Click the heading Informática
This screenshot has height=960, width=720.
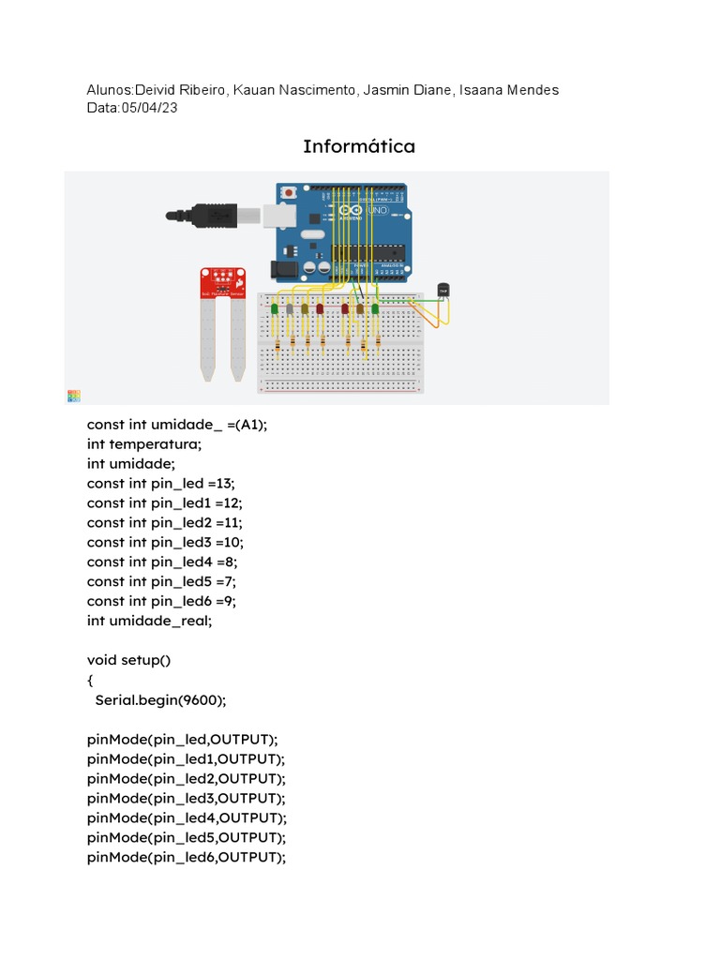point(359,146)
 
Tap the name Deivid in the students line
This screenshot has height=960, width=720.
point(158,90)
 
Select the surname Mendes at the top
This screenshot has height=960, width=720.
point(532,90)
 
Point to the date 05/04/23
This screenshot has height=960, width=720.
point(149,108)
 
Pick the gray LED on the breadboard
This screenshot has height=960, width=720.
point(290,308)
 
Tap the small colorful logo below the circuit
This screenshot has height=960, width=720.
point(74,397)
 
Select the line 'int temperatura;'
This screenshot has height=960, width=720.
point(144,444)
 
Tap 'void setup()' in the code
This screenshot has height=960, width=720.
point(129,660)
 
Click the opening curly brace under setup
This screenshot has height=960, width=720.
point(91,680)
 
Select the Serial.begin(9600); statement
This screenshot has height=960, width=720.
point(161,699)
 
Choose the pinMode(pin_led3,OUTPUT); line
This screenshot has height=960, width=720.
point(187,798)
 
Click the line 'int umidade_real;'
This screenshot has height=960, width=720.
point(150,621)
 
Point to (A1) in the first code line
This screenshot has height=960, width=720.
point(250,425)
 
